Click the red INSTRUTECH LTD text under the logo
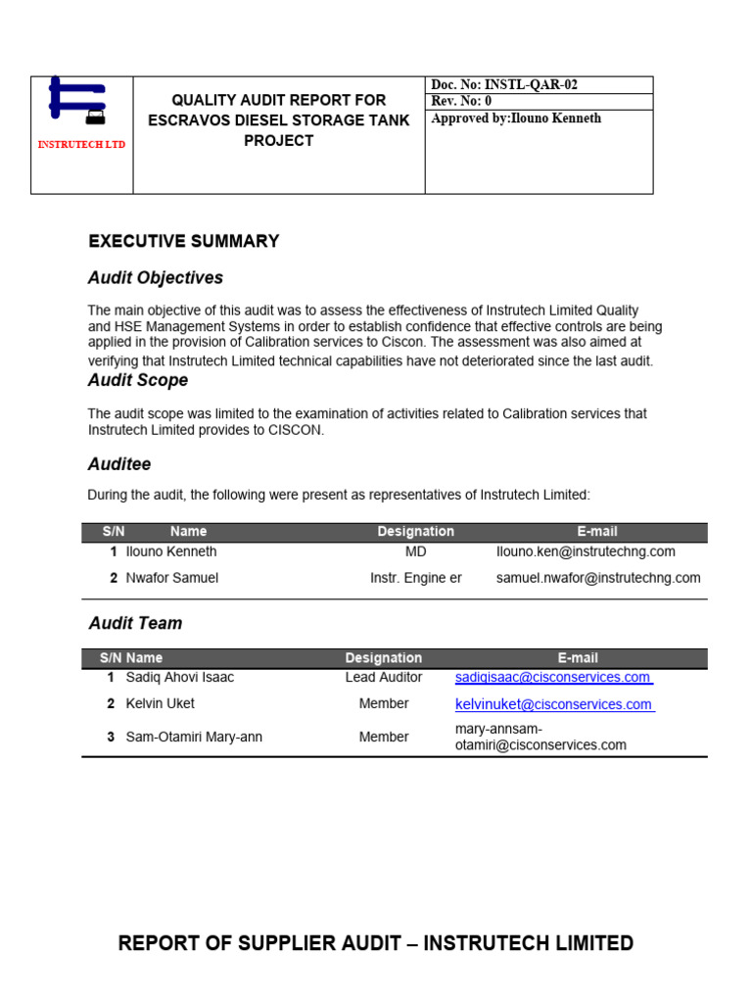tap(81, 145)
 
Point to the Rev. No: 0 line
tap(461, 102)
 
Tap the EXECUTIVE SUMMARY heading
tap(184, 241)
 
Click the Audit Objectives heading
tap(156, 278)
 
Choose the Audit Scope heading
tap(138, 380)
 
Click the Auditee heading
tap(119, 464)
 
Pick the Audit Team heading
tap(135, 623)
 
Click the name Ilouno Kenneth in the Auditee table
tap(171, 552)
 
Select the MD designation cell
tap(415, 552)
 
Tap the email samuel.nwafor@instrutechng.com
tap(598, 578)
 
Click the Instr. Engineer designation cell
tap(415, 578)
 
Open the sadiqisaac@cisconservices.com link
tap(553, 678)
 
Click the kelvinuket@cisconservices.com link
tap(554, 704)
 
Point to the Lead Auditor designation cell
tap(384, 678)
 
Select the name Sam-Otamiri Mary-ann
tap(194, 737)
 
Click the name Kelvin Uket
tap(161, 703)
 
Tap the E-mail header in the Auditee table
tap(597, 532)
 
